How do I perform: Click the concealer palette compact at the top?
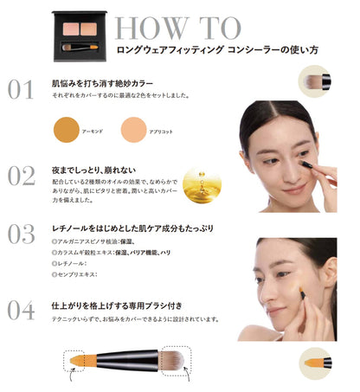coord(83,33)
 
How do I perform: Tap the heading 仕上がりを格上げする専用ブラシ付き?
coord(121,306)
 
